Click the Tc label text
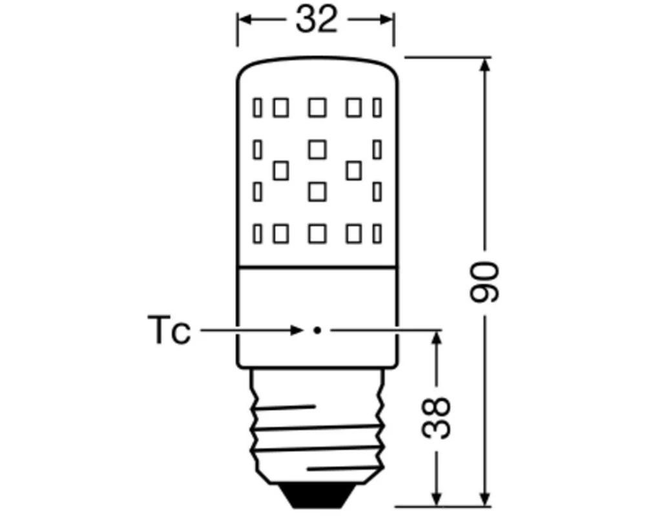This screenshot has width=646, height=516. click(x=169, y=330)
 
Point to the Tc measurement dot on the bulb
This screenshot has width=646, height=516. click(x=317, y=330)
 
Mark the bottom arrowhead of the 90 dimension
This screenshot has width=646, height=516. click(x=484, y=501)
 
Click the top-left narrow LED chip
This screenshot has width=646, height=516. click(x=258, y=108)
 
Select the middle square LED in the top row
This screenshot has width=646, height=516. click(x=317, y=108)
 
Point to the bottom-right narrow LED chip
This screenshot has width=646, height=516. click(x=377, y=233)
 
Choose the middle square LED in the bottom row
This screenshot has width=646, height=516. click(x=317, y=233)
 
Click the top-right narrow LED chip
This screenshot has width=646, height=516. click(x=377, y=108)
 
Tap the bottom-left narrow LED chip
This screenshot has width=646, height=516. click(x=258, y=233)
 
